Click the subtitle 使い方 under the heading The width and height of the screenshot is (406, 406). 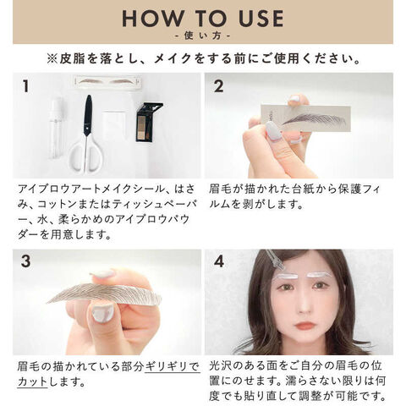click(203, 36)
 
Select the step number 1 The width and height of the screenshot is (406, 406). click(26, 86)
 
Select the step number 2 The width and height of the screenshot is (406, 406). click(219, 86)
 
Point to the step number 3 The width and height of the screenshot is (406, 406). click(26, 261)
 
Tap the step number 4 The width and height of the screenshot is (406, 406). click(219, 261)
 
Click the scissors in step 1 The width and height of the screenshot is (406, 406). click(87, 135)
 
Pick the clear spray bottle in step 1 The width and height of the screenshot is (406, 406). click(56, 129)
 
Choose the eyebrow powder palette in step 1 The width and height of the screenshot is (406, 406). click(149, 122)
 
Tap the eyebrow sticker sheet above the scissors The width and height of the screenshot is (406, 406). click(107, 81)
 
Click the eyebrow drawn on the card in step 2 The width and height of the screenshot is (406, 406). click(314, 120)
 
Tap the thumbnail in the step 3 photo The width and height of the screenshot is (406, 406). click(102, 314)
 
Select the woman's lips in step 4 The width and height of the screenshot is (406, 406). click(304, 326)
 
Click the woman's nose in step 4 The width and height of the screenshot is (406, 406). click(304, 306)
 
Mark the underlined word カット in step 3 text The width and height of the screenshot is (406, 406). click(32, 382)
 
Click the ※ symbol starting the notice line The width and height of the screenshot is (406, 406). click(52, 59)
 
